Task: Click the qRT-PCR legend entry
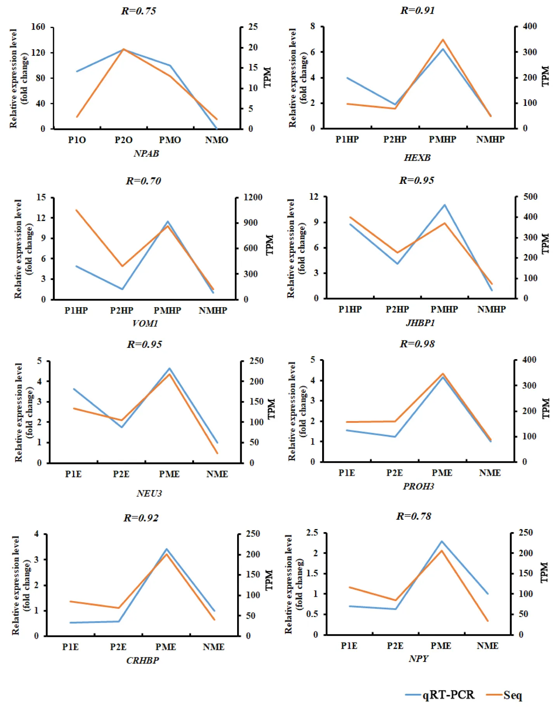[x=448, y=695]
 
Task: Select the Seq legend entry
[x=512, y=695]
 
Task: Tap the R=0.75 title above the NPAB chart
[x=139, y=11]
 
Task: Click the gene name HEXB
[x=417, y=158]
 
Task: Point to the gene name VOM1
[x=145, y=323]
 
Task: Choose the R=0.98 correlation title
[x=417, y=344]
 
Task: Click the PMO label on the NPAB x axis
[x=170, y=140]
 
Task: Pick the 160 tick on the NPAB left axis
[x=38, y=27]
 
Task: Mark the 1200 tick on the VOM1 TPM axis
[x=253, y=197]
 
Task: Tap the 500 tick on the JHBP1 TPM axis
[x=530, y=197]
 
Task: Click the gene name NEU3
[x=149, y=493]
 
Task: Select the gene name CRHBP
[x=142, y=660]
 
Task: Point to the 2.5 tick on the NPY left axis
[x=312, y=532]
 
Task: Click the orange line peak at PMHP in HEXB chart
[x=443, y=40]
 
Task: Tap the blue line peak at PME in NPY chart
[x=442, y=541]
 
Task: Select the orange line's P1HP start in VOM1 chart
[x=76, y=210]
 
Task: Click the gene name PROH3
[x=418, y=486]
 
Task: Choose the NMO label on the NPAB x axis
[x=217, y=140]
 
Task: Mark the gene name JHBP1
[x=420, y=323]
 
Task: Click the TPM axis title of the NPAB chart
[x=267, y=77]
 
